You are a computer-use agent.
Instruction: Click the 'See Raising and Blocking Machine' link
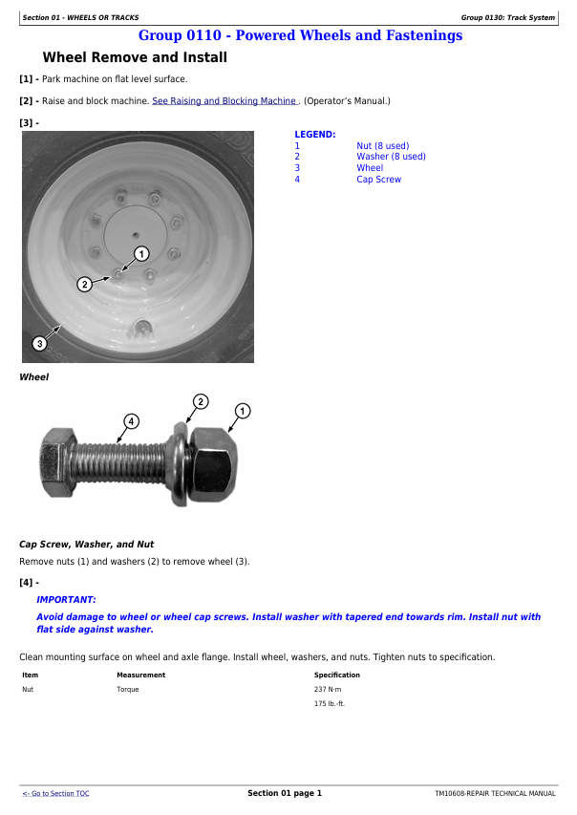point(224,101)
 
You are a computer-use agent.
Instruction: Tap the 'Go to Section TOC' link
point(55,793)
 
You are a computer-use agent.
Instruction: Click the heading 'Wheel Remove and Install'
point(135,57)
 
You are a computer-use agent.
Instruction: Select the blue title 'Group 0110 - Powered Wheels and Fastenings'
point(301,35)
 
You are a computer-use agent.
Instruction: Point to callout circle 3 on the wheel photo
point(39,343)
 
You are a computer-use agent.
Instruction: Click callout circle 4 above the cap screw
point(131,421)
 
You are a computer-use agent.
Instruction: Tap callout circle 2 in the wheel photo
point(84,285)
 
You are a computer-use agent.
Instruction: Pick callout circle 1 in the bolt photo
point(243,411)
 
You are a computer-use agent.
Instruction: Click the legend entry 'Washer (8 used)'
point(391,157)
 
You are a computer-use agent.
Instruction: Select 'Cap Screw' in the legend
point(379,180)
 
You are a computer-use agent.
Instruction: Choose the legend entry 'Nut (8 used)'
point(382,146)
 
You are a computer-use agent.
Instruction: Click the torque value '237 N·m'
point(328,689)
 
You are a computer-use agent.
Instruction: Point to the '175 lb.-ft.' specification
point(330,703)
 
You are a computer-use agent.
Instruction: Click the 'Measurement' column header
point(140,675)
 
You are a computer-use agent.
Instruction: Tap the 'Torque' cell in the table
point(128,689)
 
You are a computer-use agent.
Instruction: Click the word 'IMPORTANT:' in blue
point(66,600)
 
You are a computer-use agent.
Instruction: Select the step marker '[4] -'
point(29,583)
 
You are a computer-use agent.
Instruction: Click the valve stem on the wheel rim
point(141,328)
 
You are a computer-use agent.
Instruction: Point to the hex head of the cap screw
point(55,462)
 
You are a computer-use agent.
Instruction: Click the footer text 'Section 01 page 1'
point(285,793)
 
